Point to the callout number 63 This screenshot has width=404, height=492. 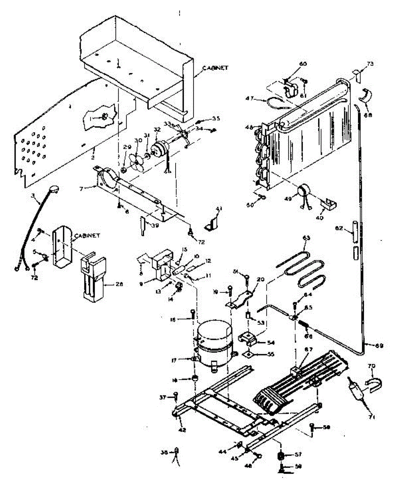pyautogui.click(x=306, y=237)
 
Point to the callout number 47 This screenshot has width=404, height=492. pyautogui.click(x=249, y=99)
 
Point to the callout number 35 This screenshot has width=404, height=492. pyautogui.click(x=216, y=118)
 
